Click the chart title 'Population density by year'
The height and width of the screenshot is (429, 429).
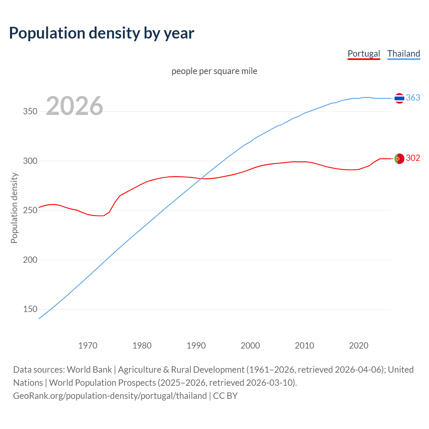pyautogui.click(x=102, y=33)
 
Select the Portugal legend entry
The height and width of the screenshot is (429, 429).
pyautogui.click(x=364, y=54)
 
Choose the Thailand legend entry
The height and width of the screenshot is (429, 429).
pyautogui.click(x=404, y=54)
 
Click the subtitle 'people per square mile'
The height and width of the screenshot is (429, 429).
pyautogui.click(x=214, y=71)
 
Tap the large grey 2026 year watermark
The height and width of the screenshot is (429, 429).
pyautogui.click(x=74, y=106)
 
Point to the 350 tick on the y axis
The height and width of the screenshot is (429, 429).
pyautogui.click(x=30, y=112)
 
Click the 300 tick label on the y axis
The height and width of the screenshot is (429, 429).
pyautogui.click(x=30, y=161)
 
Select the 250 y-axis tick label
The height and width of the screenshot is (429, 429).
pyautogui.click(x=30, y=210)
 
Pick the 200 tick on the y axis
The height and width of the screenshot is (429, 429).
pyautogui.click(x=30, y=260)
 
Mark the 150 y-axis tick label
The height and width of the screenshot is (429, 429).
pyautogui.click(x=30, y=309)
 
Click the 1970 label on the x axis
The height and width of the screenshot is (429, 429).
pyautogui.click(x=88, y=346)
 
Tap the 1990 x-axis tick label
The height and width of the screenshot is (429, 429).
pyautogui.click(x=196, y=346)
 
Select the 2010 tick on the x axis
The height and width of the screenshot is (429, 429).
pyautogui.click(x=304, y=346)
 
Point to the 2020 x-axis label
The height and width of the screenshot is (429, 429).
pyautogui.click(x=359, y=346)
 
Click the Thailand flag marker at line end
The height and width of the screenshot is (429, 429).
pyautogui.click(x=399, y=98)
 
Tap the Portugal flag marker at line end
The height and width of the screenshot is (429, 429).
pyautogui.click(x=399, y=159)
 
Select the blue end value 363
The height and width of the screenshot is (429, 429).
pyautogui.click(x=413, y=98)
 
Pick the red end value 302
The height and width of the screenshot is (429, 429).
pyautogui.click(x=413, y=158)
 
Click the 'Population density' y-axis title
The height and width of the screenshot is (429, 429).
pyautogui.click(x=14, y=208)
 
